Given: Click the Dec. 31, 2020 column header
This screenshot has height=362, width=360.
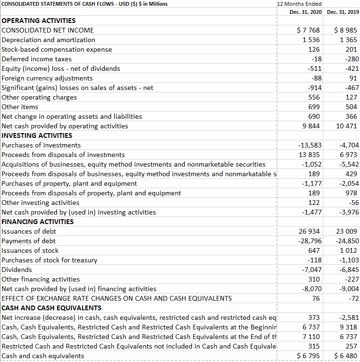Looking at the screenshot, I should click(305, 12).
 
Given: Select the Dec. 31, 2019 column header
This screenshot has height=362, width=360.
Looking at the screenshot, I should click(343, 12).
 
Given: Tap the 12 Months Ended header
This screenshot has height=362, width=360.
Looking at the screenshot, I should click(299, 4).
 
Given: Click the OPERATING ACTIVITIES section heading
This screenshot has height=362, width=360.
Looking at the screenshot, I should click(39, 21).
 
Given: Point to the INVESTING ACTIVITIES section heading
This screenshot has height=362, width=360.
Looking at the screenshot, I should click(37, 136).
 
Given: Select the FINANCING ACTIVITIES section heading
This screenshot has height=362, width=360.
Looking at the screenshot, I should click(38, 222).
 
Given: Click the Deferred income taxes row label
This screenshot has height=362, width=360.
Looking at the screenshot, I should click(37, 59).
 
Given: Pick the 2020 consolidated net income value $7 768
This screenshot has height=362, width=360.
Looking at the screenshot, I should click(308, 30).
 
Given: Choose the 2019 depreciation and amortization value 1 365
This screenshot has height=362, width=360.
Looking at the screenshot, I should click(348, 40).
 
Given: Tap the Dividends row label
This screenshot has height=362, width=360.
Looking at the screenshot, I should click(17, 270).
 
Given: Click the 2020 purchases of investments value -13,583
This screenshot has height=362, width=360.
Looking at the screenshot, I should click(310, 145).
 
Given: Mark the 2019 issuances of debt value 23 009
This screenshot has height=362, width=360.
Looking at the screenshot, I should click(347, 231).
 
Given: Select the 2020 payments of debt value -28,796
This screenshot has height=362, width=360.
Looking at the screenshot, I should click(310, 241).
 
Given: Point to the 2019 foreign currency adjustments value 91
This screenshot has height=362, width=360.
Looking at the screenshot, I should click(353, 78).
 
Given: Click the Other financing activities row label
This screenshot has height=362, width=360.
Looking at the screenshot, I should click(41, 279).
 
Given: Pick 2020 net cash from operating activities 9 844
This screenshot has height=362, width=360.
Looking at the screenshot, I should click(311, 126).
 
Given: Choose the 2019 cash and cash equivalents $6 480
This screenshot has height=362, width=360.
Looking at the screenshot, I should click(346, 356).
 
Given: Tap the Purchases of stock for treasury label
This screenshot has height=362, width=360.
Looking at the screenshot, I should click(49, 260).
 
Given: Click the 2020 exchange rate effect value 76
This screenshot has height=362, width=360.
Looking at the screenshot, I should click(316, 298).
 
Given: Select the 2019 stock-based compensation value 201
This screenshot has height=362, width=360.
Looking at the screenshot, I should click(351, 49).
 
